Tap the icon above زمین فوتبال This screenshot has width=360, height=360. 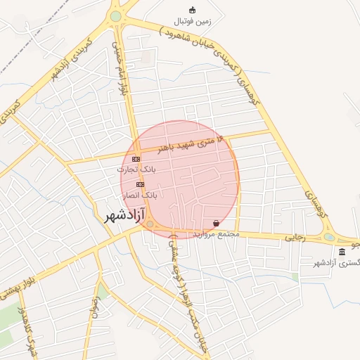point(192,10)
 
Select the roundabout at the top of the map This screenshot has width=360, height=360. point(116,16)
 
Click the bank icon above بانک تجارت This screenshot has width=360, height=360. point(136,159)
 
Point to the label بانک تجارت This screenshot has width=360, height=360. point(139,169)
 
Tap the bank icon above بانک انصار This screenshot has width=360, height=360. point(139,184)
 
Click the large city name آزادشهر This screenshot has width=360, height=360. point(124,214)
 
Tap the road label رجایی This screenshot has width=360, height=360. point(295,238)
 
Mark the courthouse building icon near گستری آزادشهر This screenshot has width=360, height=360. point(342,252)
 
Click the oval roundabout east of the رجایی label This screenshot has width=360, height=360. point(329,237)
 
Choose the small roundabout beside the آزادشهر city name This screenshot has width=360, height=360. point(150,224)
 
